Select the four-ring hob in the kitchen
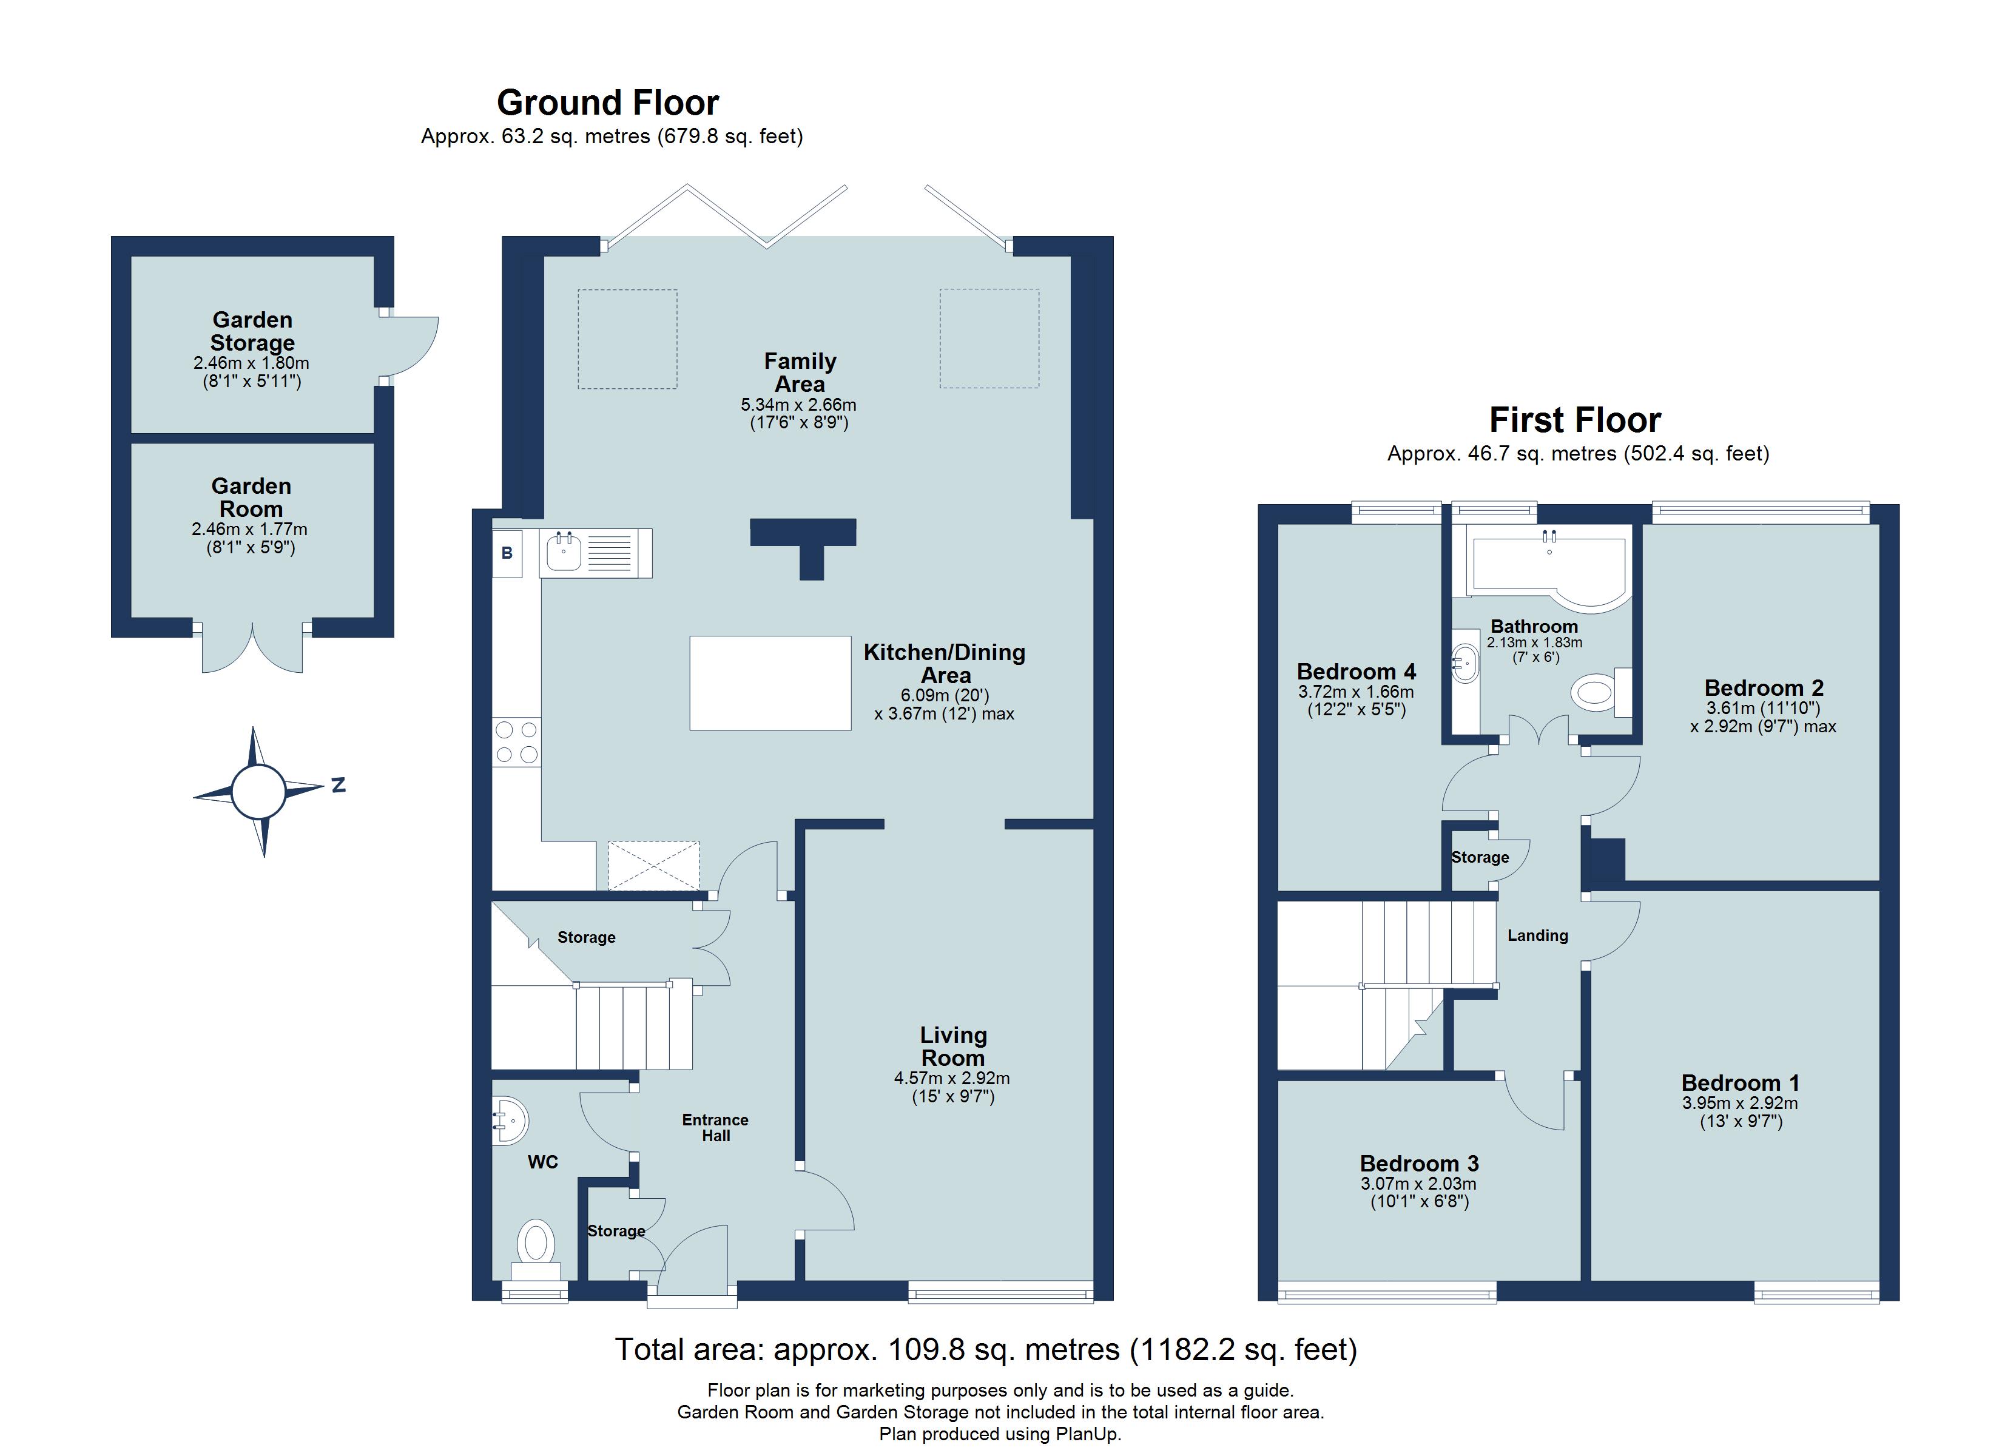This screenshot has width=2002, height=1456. click(x=516, y=742)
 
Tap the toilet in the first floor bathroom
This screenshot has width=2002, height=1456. click(x=1598, y=693)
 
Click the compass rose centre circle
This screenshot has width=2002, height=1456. click(x=258, y=791)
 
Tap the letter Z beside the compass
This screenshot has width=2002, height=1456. click(x=338, y=784)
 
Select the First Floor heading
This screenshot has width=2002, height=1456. click(x=1575, y=420)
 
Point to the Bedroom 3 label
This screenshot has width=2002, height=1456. click(x=1418, y=1164)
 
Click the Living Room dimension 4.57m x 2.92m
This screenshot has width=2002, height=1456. click(x=952, y=1078)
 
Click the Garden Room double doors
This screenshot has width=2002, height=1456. click(x=252, y=649)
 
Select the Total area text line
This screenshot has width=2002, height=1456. click(x=985, y=1350)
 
